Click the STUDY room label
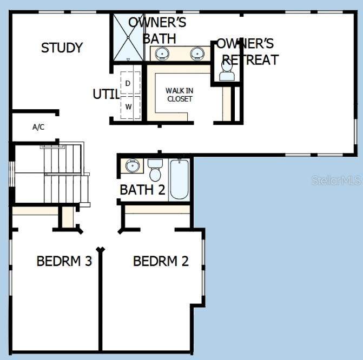[62, 48]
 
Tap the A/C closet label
[38, 127]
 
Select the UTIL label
[106, 94]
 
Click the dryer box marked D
[130, 83]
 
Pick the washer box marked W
[130, 107]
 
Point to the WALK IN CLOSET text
[180, 95]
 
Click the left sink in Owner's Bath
[162, 54]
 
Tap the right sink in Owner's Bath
[197, 54]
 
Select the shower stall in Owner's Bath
[128, 37]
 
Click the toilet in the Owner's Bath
[227, 71]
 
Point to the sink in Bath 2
[132, 165]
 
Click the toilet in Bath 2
[155, 170]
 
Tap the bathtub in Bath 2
[179, 179]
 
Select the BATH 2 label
[142, 190]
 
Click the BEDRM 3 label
[64, 261]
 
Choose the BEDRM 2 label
[161, 261]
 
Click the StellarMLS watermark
[336, 180]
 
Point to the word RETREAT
[250, 60]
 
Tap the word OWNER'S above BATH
[157, 23]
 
